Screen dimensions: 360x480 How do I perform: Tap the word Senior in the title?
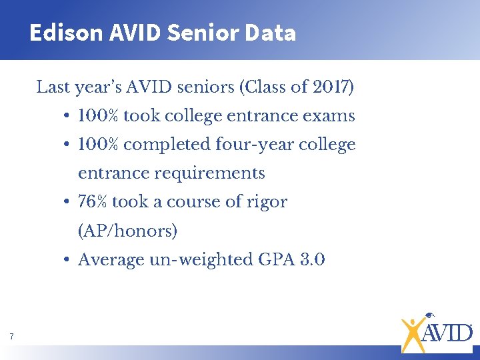[189, 33]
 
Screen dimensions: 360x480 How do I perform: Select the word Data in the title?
[270, 33]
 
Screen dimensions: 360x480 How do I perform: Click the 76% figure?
[93, 202]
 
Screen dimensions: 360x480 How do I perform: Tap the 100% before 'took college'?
[99, 116]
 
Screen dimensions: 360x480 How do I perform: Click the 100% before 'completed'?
[99, 145]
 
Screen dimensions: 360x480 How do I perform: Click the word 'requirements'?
[209, 173]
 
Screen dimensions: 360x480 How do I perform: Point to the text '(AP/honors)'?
[127, 231]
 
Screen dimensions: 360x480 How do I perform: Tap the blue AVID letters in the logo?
[448, 332]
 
